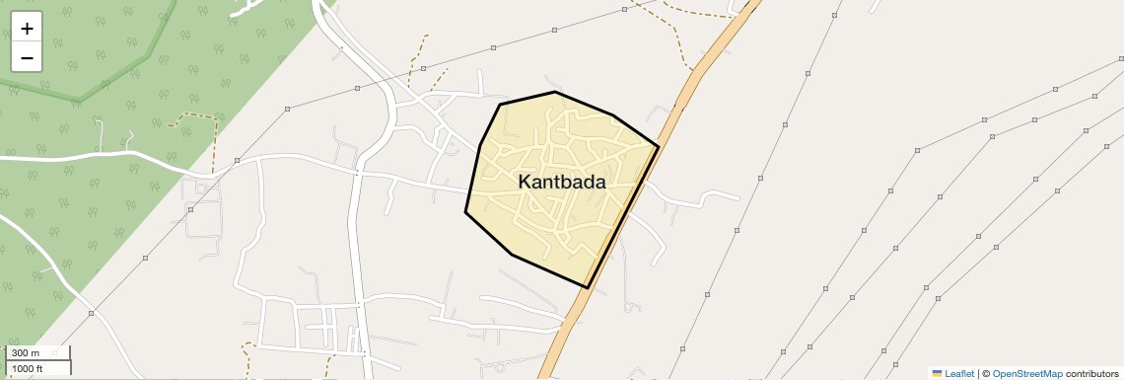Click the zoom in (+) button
(x=27, y=29)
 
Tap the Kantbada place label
(x=561, y=182)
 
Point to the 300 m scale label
(x=27, y=353)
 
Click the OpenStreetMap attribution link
(x=1026, y=373)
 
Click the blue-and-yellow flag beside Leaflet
(x=938, y=373)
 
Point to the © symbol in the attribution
(x=986, y=373)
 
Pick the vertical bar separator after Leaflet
(x=978, y=373)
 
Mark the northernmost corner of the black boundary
(x=555, y=92)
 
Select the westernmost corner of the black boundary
(x=465, y=212)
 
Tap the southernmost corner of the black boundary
(x=588, y=287)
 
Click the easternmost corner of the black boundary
(x=658, y=147)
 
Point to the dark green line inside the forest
(x=79, y=99)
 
